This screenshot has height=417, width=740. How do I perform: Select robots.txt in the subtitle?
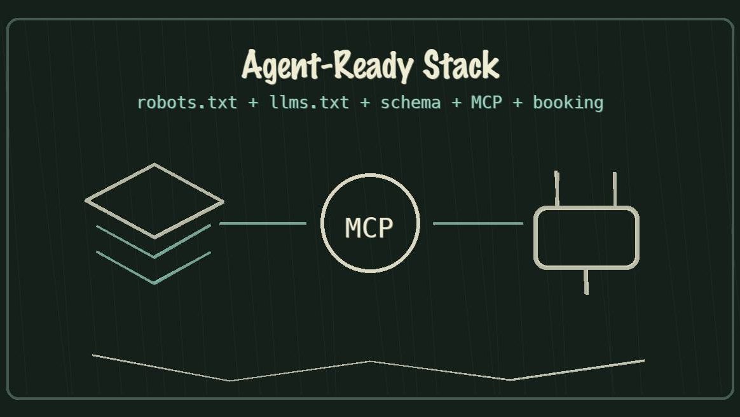click(x=187, y=102)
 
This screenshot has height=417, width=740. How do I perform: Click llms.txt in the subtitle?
click(x=310, y=102)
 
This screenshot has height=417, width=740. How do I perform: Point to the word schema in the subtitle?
click(x=410, y=102)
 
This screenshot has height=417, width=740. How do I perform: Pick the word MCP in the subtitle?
click(x=486, y=102)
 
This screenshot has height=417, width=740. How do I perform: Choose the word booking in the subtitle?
click(x=568, y=102)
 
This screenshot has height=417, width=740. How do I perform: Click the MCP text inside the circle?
click(x=369, y=227)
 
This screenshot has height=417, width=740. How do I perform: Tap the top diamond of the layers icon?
click(x=154, y=201)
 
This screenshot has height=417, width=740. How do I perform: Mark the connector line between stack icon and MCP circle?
click(x=263, y=223)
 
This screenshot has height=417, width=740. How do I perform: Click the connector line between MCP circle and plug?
click(x=477, y=223)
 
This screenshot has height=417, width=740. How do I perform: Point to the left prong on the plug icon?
click(x=557, y=188)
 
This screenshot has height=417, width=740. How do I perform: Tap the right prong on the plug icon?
click(x=614, y=189)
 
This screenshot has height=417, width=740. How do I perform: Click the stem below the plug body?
click(x=586, y=281)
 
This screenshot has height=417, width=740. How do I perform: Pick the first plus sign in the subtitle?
click(x=254, y=102)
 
